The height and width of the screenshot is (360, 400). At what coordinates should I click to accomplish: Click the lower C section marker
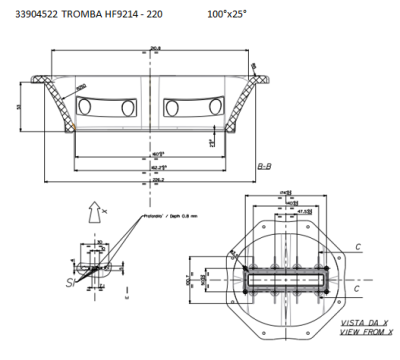click(356, 288)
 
